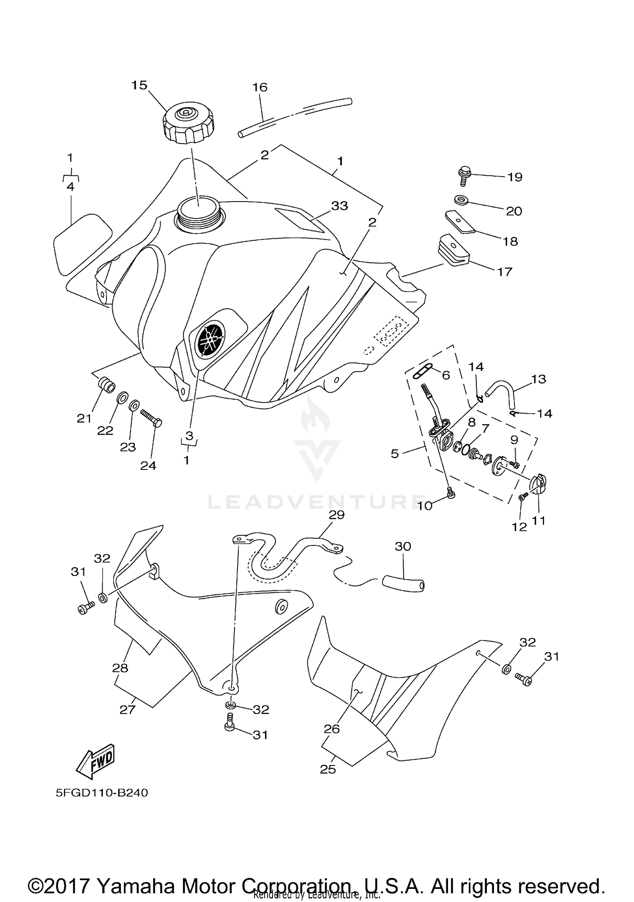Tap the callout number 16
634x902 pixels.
pyautogui.click(x=260, y=87)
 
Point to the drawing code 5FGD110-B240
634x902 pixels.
pyautogui.click(x=102, y=793)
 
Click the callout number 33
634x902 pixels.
pyautogui.click(x=339, y=206)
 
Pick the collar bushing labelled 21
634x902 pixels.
pyautogui.click(x=106, y=385)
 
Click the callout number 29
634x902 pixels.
pyautogui.click(x=337, y=515)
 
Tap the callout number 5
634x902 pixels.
pyautogui.click(x=394, y=453)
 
